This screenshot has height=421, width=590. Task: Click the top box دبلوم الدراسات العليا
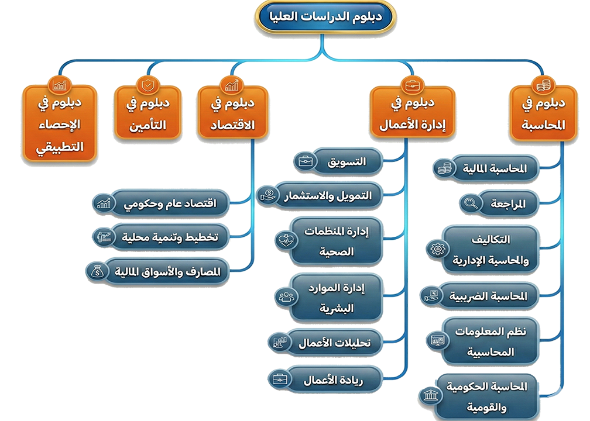[x=326, y=18]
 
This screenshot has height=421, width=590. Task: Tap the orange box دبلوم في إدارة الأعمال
[x=412, y=114]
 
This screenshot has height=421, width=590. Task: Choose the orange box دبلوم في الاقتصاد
[x=233, y=114]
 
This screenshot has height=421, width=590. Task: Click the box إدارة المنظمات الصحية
[x=336, y=241]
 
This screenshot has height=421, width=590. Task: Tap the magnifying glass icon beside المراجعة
[x=469, y=203]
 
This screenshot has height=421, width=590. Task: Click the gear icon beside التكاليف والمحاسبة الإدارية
[x=437, y=250]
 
